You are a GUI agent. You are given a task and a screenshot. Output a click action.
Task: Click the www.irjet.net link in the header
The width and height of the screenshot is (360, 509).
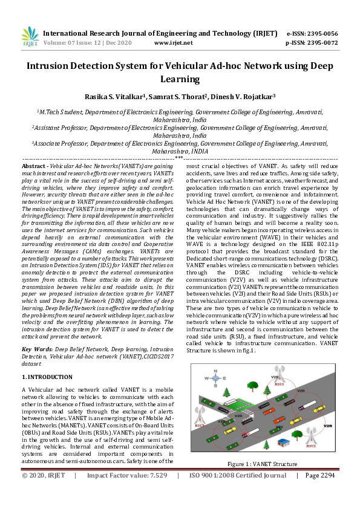(x=174, y=43)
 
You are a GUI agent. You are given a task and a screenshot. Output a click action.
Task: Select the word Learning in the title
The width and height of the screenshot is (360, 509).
(x=180, y=79)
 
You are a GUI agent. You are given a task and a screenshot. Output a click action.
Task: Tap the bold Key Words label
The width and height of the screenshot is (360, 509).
(x=36, y=349)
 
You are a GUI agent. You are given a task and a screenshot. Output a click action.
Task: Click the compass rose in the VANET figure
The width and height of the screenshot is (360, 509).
(x=214, y=377)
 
